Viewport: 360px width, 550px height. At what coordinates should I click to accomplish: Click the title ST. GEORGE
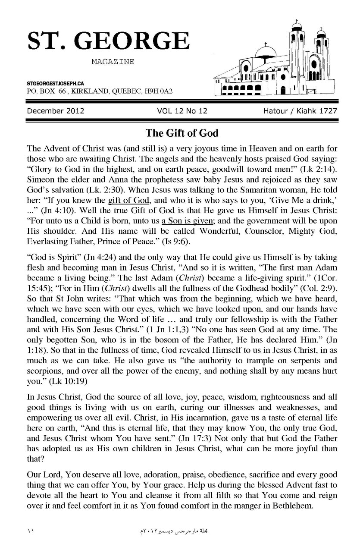click(108, 41)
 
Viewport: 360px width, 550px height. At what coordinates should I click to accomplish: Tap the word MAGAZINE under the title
click(113, 62)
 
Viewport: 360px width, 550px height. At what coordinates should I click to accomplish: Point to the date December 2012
click(55, 111)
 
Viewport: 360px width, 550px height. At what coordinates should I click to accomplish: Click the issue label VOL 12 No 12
click(182, 111)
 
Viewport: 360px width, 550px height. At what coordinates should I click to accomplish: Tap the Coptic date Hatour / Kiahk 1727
click(300, 111)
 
